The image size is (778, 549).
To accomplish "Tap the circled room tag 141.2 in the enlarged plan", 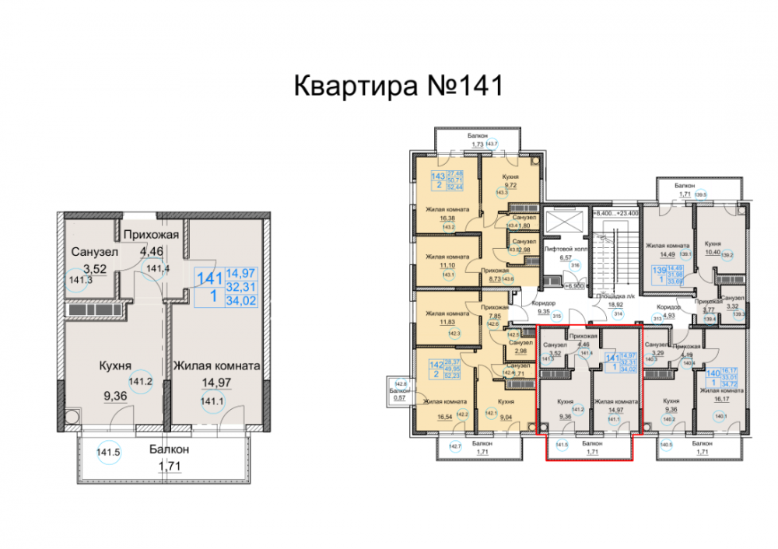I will tap(140, 382).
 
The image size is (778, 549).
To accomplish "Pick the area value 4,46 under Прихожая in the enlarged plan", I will tap(151, 251).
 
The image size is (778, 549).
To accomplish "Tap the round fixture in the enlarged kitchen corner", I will tap(72, 418).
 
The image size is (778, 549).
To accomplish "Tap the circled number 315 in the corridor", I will tap(556, 316).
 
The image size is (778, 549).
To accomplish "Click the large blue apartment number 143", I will tap(437, 177).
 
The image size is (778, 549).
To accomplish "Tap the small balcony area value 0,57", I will tap(401, 397).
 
